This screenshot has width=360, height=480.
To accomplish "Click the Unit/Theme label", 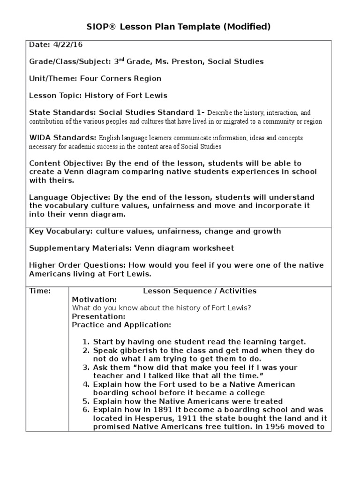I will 53,78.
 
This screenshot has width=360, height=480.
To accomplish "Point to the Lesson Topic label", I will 56,95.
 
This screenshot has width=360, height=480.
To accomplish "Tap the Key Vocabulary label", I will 60,231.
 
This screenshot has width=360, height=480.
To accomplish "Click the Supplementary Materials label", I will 81,248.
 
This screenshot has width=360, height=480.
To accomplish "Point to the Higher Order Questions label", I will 77,265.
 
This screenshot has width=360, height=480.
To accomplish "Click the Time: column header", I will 40,291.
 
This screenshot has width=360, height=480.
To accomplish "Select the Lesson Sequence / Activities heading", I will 200,291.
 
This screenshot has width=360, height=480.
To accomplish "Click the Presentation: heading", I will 98,316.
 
